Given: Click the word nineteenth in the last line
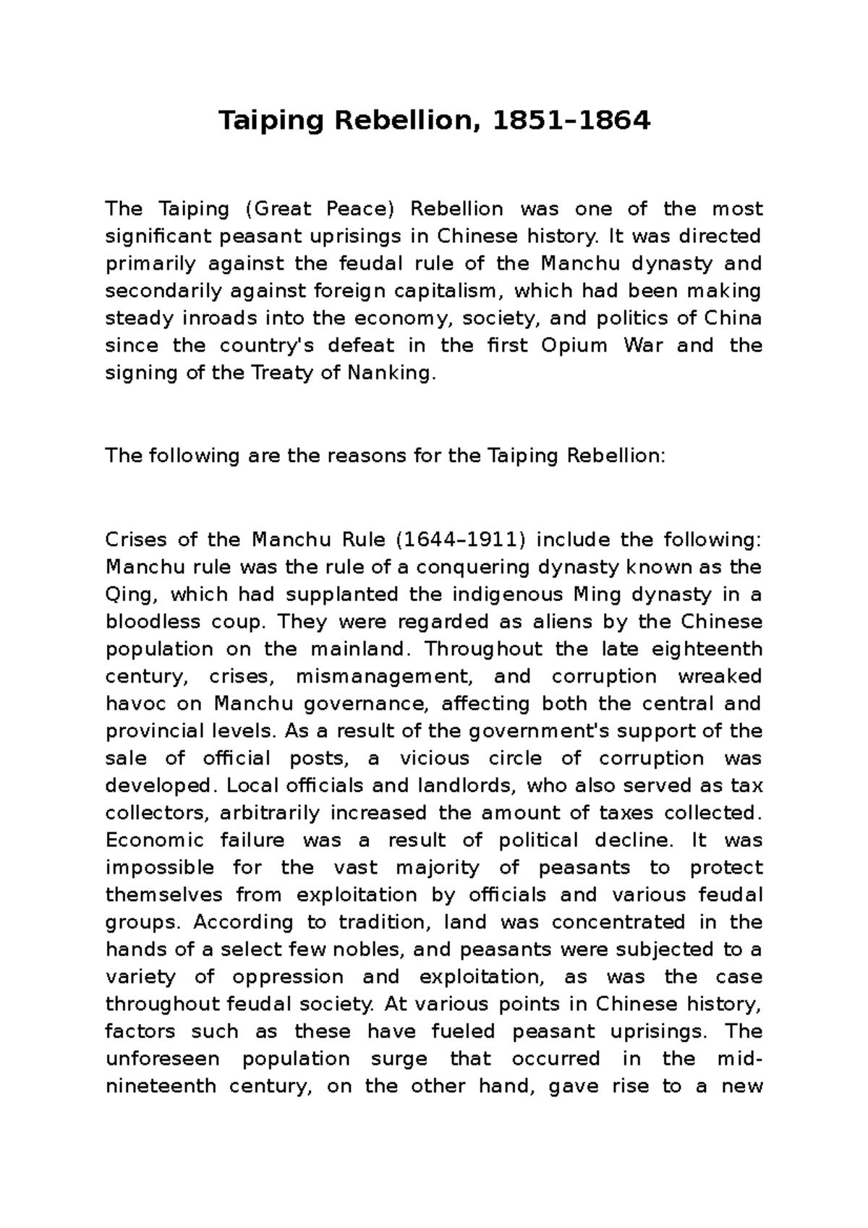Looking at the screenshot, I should (x=160, y=1086).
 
